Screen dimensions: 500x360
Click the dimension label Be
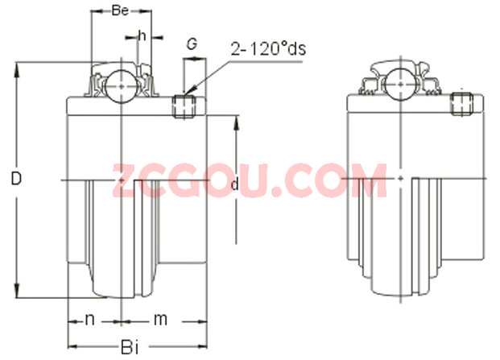pyautogui.click(x=120, y=10)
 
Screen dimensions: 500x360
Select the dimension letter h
pyautogui.click(x=142, y=36)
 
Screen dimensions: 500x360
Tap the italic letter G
pyautogui.click(x=192, y=44)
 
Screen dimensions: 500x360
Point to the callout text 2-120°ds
pyautogui.click(x=268, y=49)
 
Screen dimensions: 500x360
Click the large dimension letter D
pyautogui.click(x=16, y=178)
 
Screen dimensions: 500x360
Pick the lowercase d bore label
pyautogui.click(x=234, y=184)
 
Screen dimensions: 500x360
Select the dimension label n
pyautogui.click(x=90, y=319)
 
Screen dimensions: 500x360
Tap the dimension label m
pyautogui.click(x=160, y=319)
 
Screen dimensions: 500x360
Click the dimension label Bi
pyautogui.click(x=130, y=347)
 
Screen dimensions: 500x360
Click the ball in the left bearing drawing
pyautogui.click(x=122, y=86)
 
